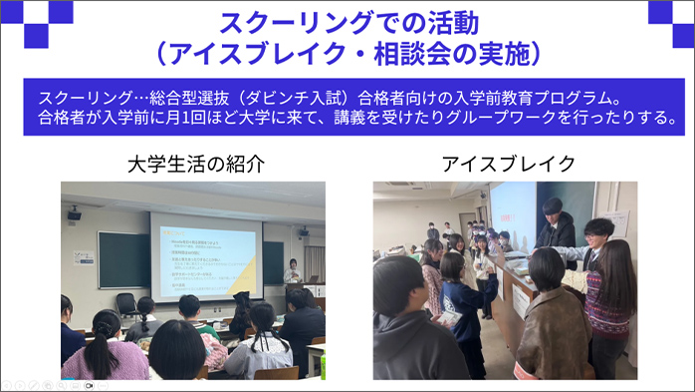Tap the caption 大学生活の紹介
192,163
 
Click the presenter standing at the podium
292,272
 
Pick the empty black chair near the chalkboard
126,304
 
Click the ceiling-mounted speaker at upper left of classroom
75,213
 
